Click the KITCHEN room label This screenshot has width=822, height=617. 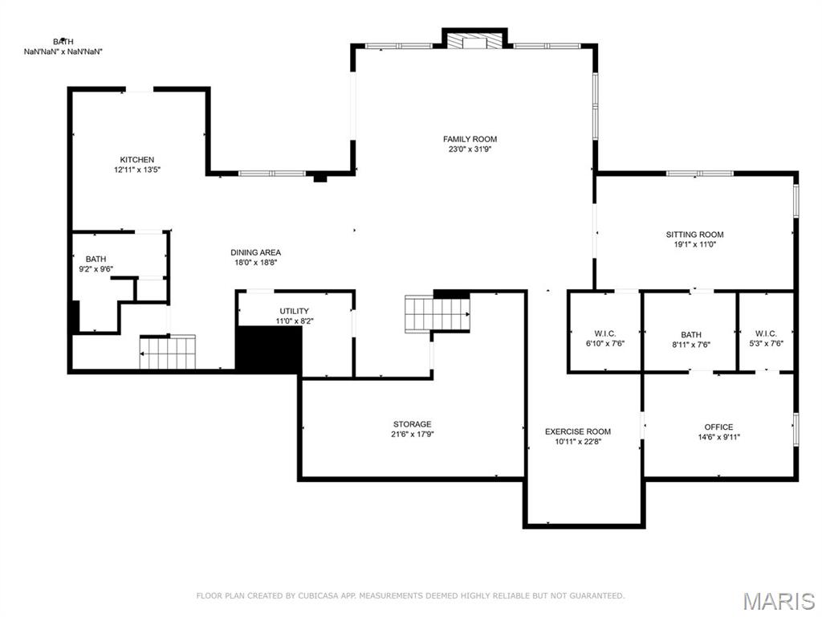[x=137, y=160]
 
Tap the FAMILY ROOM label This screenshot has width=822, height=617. [x=470, y=139]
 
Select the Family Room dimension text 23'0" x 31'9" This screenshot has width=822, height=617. [x=470, y=149]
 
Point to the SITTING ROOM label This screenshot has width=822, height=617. [x=694, y=235]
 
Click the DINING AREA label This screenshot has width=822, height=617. [x=256, y=252]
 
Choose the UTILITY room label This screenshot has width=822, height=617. [x=294, y=311]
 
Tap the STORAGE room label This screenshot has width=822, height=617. [x=412, y=424]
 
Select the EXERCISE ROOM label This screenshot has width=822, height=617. [x=578, y=431]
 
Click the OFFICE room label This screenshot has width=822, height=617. [x=718, y=427]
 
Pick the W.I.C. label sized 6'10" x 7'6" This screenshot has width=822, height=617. [x=605, y=333]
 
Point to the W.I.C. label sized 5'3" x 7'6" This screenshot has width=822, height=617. [x=766, y=333]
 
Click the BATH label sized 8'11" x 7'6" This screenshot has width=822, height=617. [x=691, y=335]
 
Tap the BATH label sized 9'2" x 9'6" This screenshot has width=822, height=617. [x=96, y=259]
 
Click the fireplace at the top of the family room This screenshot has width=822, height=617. [x=475, y=40]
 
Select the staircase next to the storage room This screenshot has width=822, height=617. [x=437, y=313]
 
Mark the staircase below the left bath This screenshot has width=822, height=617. [x=168, y=352]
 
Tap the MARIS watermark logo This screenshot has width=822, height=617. [x=778, y=601]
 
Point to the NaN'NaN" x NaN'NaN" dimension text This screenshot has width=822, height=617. [x=63, y=51]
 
